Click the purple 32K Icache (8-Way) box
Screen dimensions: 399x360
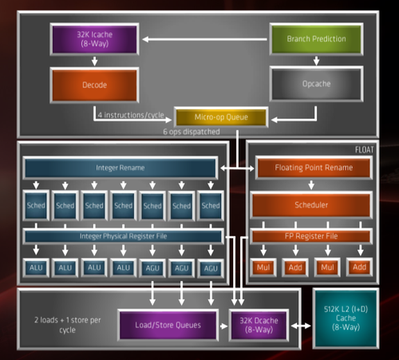94,39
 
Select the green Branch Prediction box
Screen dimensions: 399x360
316,39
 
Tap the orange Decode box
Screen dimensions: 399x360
94,85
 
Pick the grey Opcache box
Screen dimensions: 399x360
316,84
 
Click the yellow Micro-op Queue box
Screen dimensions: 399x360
221,117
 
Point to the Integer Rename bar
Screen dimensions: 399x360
120,168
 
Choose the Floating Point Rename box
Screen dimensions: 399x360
314,168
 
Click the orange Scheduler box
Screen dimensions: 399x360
311,205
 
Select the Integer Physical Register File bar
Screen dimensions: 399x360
123,236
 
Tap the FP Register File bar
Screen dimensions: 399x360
311,236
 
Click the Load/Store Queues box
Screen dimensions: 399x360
168,325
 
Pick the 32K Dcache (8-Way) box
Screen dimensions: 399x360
259,325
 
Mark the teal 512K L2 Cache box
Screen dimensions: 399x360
346,318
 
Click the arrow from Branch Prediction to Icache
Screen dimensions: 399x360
205,39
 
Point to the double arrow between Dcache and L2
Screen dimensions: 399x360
301,326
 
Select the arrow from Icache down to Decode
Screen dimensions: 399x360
94,61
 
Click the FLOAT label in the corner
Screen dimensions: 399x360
364,150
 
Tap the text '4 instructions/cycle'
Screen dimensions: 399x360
131,115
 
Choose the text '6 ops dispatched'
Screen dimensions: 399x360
192,132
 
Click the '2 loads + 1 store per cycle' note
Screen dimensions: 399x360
68,325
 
